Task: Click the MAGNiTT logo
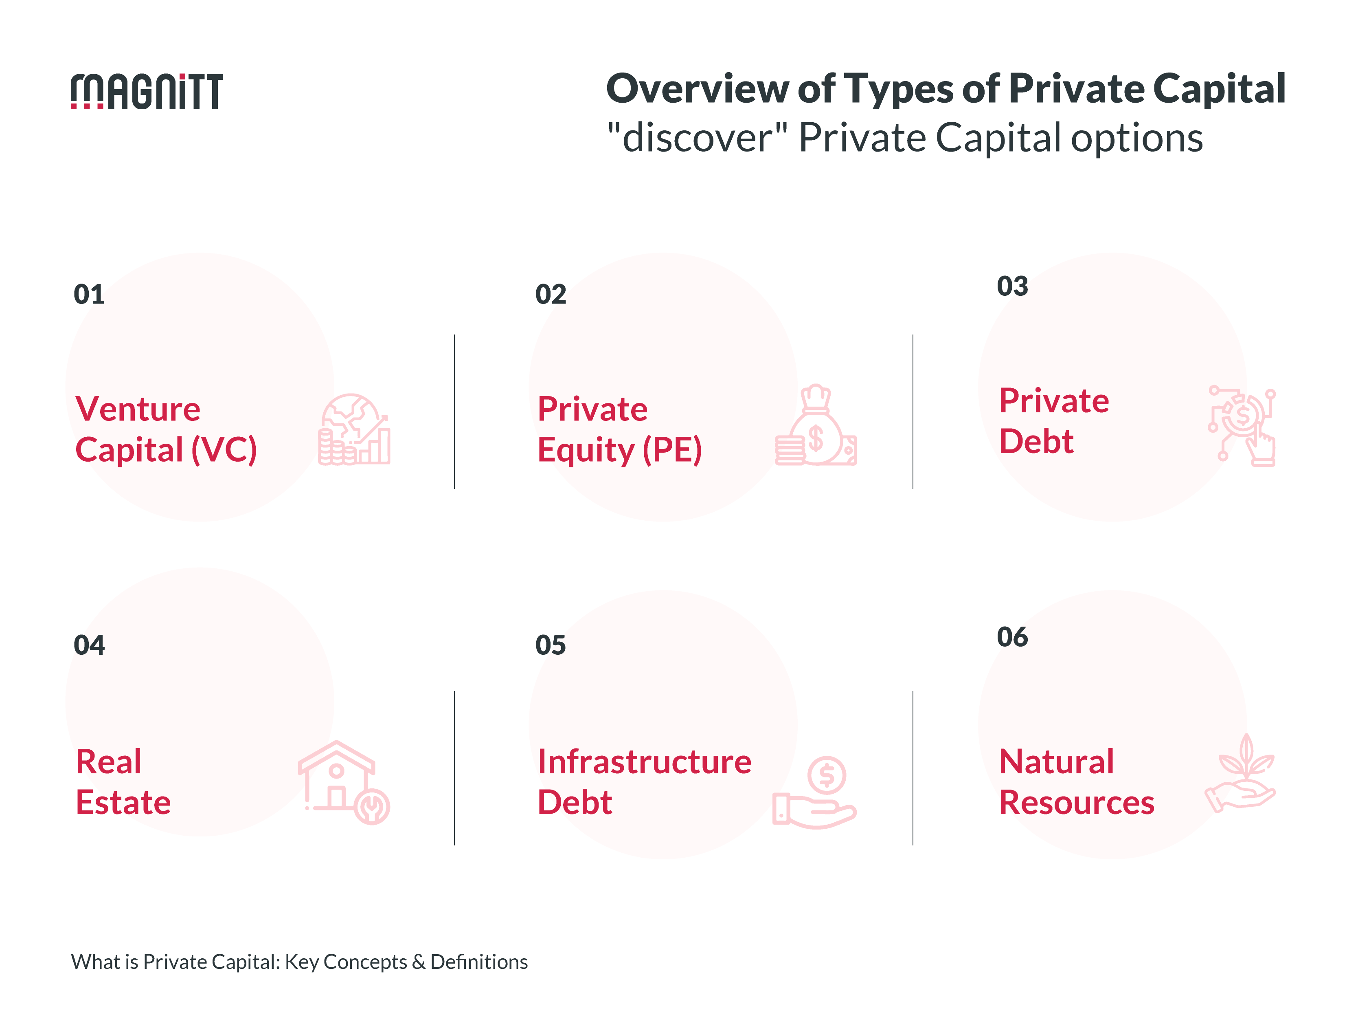[x=146, y=92]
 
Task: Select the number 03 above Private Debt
[x=1012, y=286]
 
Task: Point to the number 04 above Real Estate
[x=89, y=645]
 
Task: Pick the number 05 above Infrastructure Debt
[x=551, y=645]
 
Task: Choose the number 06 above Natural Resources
[x=1012, y=637]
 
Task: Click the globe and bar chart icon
[x=354, y=429]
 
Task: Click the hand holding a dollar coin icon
[x=815, y=792]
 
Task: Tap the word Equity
[x=585, y=450]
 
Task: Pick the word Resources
[x=1077, y=802]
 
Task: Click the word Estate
[x=123, y=802]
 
